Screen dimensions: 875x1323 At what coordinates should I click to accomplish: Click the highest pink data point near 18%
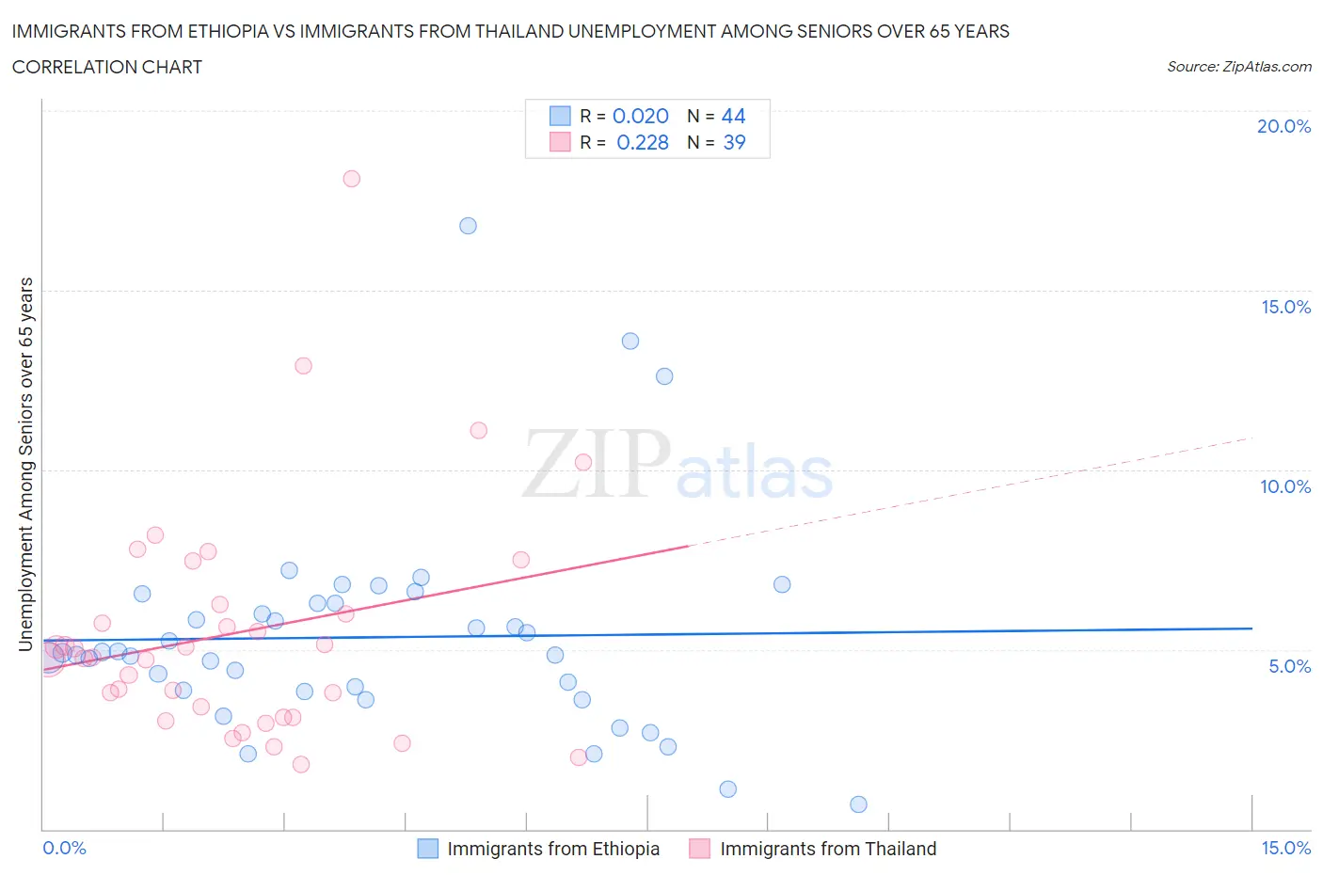(351, 179)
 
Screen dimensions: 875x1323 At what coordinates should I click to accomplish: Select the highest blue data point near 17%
(468, 226)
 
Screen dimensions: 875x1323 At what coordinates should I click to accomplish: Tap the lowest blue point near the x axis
(858, 804)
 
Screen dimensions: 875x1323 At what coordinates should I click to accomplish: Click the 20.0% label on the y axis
(1283, 126)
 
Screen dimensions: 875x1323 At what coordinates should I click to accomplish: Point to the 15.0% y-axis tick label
(1285, 307)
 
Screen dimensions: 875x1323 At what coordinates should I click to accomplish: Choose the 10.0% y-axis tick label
(1285, 486)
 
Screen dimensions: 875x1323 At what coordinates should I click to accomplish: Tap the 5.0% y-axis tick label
(1289, 666)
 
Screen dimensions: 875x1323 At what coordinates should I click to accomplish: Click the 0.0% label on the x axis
(65, 848)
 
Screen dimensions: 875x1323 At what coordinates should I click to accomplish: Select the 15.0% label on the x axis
(1285, 848)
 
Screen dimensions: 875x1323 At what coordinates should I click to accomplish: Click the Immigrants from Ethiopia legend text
(553, 849)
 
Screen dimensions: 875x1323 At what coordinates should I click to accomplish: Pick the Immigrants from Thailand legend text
(828, 849)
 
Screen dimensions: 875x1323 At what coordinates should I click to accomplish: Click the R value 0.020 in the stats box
(641, 116)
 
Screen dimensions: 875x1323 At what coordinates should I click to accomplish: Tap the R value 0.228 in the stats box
(643, 142)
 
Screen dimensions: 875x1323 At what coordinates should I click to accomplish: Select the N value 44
(733, 116)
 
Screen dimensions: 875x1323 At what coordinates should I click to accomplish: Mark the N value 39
(734, 142)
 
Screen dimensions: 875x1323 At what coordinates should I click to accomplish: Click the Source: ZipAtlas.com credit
(1238, 67)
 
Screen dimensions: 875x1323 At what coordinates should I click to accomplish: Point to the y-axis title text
(26, 464)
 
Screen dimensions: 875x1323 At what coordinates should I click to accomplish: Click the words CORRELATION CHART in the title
(107, 67)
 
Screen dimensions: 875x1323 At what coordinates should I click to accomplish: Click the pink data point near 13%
(303, 366)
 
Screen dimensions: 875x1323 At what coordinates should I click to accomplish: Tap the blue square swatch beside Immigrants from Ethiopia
(428, 849)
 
